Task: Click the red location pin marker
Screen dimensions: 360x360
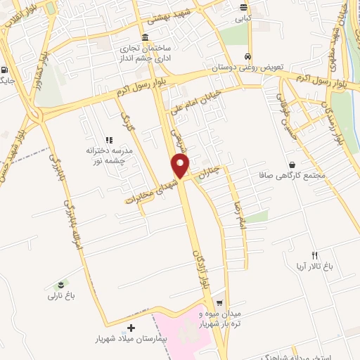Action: [181, 167]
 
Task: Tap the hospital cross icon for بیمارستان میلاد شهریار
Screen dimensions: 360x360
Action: [131, 328]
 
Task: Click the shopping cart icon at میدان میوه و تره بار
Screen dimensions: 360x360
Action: [219, 302]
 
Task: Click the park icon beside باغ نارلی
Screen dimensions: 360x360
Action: [62, 285]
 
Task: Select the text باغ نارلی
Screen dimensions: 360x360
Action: [61, 297]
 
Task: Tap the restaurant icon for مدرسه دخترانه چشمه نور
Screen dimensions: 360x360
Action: [108, 141]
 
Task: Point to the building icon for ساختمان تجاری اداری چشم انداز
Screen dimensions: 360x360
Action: [145, 37]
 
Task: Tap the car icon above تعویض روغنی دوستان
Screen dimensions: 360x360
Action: [247, 56]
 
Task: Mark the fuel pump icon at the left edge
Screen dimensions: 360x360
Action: [5, 70]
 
